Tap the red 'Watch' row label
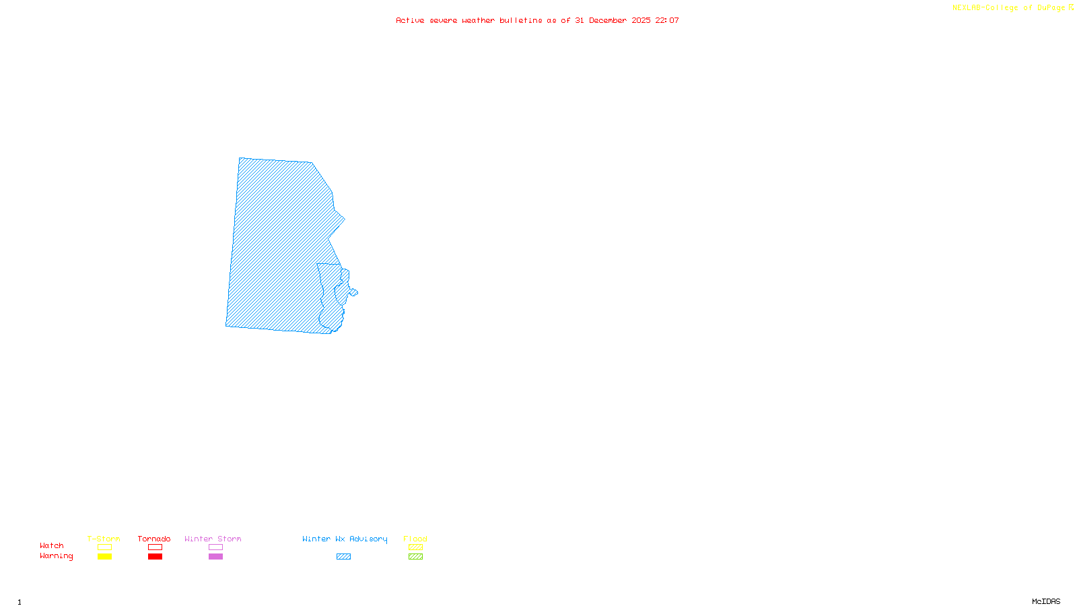[52, 546]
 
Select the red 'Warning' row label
[56, 556]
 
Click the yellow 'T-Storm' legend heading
[104, 539]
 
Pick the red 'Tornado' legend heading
[154, 539]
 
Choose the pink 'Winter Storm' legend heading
[213, 539]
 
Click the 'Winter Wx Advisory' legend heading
[345, 539]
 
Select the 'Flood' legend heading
[415, 539]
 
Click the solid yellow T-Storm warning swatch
[104, 557]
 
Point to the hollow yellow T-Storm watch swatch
[104, 547]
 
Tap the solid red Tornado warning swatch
[155, 557]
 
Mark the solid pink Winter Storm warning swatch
[215, 557]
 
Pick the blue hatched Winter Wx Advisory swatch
[343, 557]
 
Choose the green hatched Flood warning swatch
[415, 557]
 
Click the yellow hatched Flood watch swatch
[415, 547]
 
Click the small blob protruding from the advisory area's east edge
[353, 292]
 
